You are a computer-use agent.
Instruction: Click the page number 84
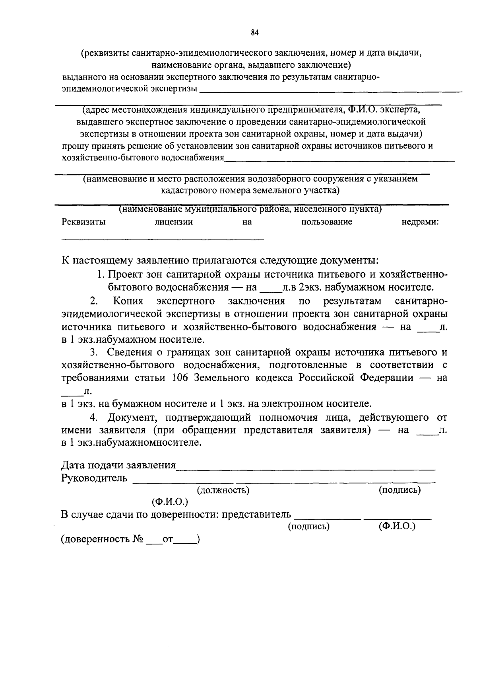[255, 33]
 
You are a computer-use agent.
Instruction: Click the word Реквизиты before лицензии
[84, 222]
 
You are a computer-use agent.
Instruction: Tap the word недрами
[420, 222]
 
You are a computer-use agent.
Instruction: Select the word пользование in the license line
[327, 222]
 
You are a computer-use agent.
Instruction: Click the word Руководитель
[95, 478]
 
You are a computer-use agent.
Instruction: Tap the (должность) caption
[223, 490]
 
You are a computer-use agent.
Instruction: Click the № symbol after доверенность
[138, 539]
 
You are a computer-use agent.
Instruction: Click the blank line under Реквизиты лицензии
[163, 239]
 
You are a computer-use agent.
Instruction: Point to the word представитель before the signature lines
[256, 515]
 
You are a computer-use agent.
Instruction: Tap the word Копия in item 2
[128, 301]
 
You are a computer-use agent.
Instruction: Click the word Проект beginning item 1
[125, 275]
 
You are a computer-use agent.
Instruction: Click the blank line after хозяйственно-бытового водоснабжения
[339, 161]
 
